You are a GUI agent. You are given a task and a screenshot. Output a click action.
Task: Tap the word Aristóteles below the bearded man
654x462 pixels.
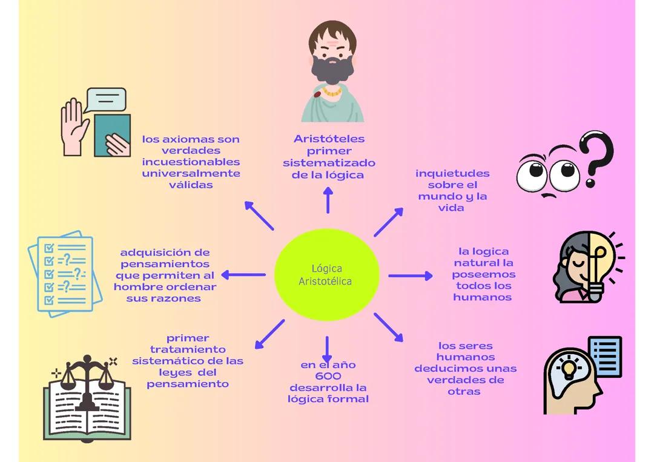(329, 139)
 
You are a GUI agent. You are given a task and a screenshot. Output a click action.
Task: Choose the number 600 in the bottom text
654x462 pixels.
(328, 376)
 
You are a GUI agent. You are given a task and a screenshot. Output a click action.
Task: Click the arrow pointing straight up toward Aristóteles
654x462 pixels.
(328, 200)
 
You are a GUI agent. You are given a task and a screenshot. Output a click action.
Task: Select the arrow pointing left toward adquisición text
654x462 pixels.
(243, 275)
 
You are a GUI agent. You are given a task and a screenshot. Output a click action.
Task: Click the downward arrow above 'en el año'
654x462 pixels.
(327, 349)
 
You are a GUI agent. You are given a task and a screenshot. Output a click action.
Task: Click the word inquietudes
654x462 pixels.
(452, 174)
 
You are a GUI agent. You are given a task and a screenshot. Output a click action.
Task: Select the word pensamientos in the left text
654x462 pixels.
(165, 264)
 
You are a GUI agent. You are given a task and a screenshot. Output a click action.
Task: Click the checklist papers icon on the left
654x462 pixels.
(61, 272)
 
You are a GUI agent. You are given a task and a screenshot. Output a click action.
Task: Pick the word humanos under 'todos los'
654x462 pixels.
(482, 297)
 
